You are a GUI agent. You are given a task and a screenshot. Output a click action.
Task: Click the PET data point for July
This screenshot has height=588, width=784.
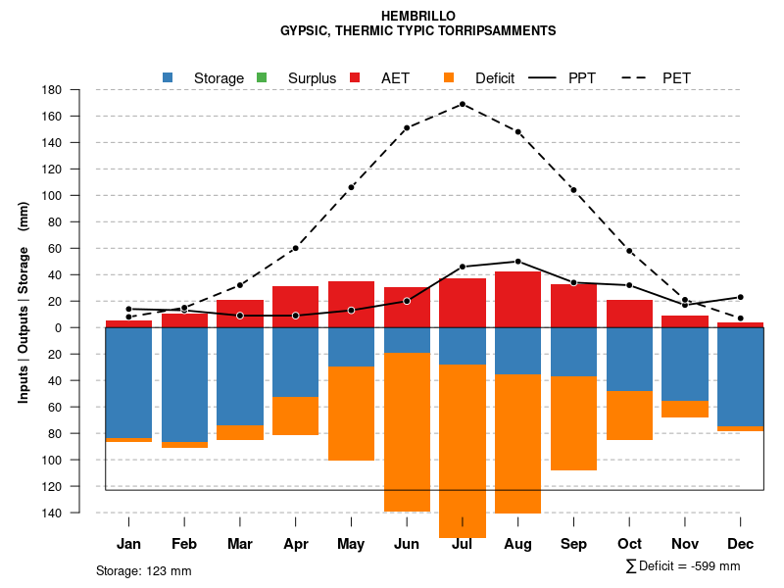(x=463, y=104)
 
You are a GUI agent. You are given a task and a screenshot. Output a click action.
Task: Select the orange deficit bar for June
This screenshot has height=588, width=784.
(x=407, y=431)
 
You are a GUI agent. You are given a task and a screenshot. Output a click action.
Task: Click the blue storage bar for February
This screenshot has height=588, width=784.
(x=184, y=384)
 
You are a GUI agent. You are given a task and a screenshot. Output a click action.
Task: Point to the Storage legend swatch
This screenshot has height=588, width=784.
(x=169, y=77)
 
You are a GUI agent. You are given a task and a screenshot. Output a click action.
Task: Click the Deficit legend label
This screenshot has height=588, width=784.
(x=495, y=77)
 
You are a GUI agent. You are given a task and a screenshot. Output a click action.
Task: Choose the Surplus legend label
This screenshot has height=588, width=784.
(x=312, y=77)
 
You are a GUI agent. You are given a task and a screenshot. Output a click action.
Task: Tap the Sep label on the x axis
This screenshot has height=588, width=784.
(x=573, y=544)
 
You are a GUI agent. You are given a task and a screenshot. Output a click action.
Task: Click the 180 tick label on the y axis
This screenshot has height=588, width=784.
(x=53, y=90)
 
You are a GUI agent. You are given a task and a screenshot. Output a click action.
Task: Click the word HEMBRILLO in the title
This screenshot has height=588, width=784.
(x=417, y=16)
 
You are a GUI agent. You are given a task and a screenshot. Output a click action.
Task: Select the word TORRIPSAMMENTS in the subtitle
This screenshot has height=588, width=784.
(x=501, y=30)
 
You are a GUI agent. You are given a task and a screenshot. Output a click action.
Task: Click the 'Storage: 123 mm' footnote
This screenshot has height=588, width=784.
(x=143, y=570)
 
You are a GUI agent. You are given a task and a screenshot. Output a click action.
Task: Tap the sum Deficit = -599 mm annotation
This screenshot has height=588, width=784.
(x=683, y=566)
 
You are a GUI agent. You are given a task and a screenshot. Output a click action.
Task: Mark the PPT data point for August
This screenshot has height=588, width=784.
(x=518, y=262)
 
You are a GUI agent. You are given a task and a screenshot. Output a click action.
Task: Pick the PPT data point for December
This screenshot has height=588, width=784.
(x=740, y=297)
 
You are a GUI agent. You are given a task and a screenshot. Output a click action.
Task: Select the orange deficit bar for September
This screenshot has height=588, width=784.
(x=573, y=423)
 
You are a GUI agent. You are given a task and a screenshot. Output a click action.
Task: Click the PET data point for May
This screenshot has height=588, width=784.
(x=351, y=187)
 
